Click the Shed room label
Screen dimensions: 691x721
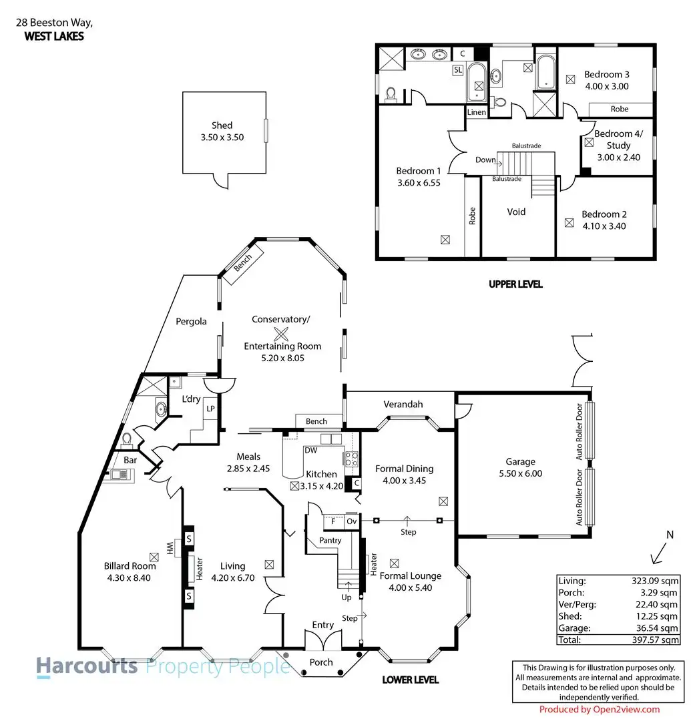[x=222, y=126]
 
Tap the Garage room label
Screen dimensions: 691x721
[x=520, y=461]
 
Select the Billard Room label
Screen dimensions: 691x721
[x=130, y=566]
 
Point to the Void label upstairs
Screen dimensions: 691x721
[x=516, y=212]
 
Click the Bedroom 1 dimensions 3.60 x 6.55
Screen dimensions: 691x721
[x=418, y=182]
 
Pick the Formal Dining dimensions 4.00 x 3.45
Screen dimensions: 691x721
[x=405, y=480]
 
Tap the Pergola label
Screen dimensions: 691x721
[x=192, y=321]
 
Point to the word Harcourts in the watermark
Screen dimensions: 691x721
[x=87, y=666]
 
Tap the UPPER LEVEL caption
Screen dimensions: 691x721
[x=515, y=284]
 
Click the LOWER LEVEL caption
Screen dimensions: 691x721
[x=411, y=680]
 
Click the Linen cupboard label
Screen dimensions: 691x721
[x=477, y=112]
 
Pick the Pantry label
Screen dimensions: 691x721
[x=330, y=540]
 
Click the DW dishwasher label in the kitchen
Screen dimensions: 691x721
[x=310, y=451]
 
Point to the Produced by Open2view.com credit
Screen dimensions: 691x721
[x=599, y=710]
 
